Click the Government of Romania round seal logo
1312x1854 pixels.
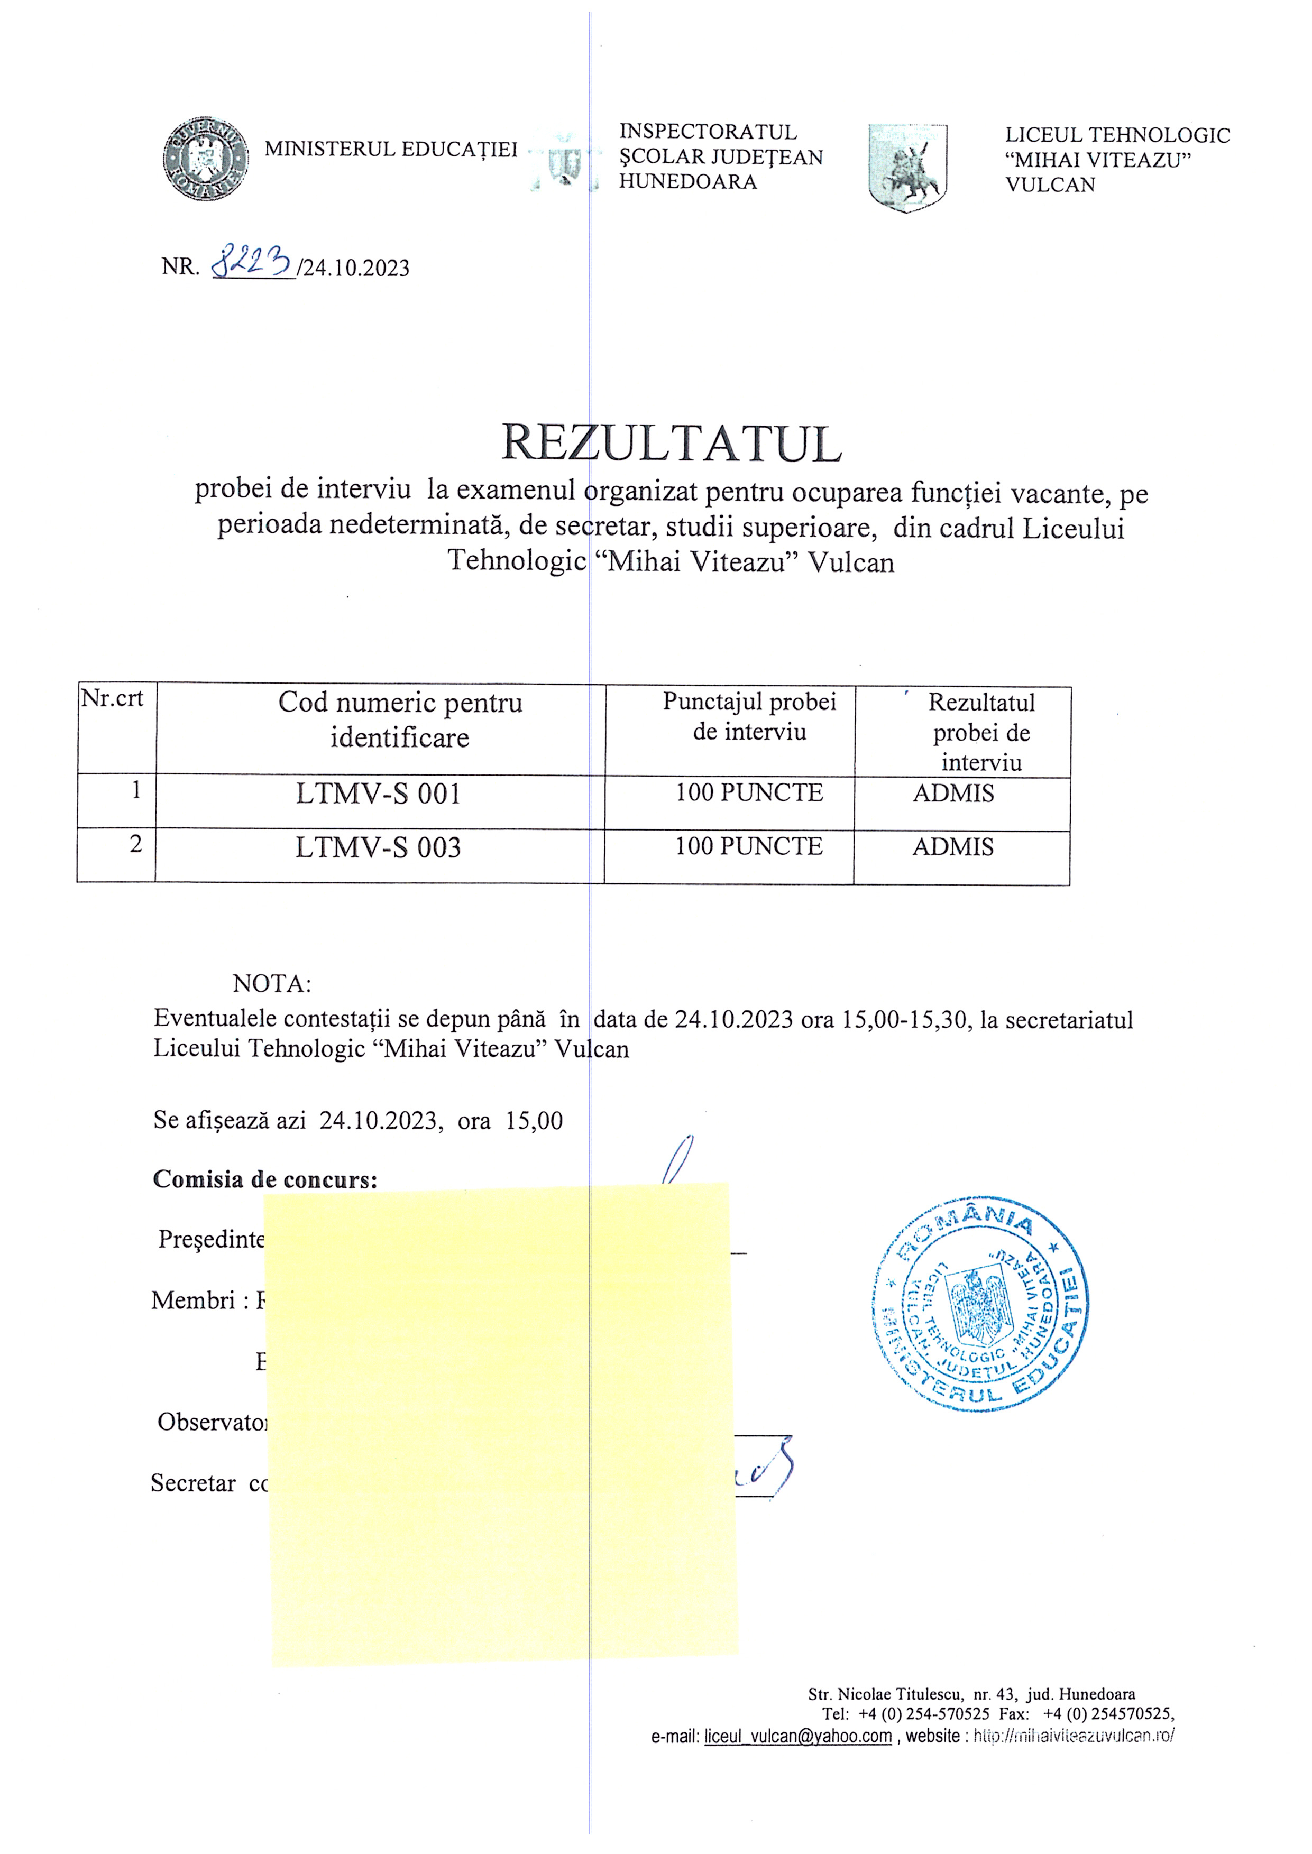point(205,159)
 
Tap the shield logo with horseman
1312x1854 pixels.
point(907,168)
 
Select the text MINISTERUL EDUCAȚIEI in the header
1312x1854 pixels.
point(391,150)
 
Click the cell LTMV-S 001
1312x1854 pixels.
point(378,795)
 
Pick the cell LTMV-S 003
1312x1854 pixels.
point(378,848)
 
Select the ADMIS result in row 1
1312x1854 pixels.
point(953,794)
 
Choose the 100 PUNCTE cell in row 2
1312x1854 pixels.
point(749,846)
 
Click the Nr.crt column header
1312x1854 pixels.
point(112,698)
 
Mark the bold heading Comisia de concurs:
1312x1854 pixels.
point(265,1180)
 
